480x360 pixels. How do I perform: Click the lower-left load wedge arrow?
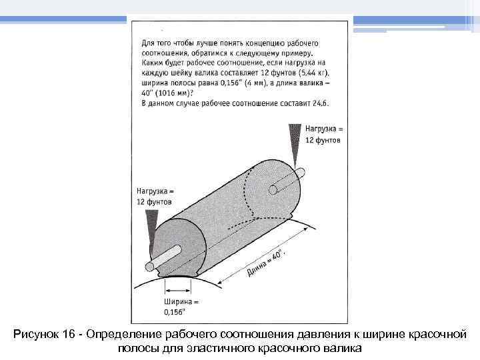tap(152, 230)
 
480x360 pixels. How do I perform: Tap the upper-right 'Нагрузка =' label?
tap(323, 128)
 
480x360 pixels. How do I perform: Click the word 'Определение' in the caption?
tap(125, 333)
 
